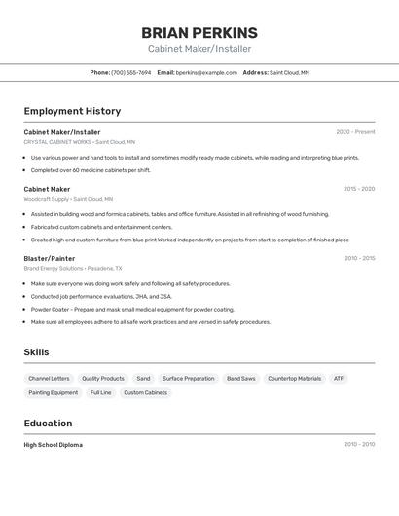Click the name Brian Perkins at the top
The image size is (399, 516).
click(199, 33)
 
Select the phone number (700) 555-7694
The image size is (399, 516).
click(131, 72)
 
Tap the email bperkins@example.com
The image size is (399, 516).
click(206, 72)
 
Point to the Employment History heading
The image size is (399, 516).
click(72, 112)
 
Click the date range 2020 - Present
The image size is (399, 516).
click(355, 132)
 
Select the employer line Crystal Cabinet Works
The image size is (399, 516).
click(80, 142)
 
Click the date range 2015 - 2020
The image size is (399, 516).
click(359, 189)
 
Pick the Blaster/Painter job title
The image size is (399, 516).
click(50, 259)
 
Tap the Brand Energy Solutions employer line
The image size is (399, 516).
click(73, 268)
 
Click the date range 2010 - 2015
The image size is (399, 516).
click(359, 259)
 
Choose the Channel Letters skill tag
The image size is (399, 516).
click(49, 379)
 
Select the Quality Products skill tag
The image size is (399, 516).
click(102, 379)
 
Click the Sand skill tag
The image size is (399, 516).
click(143, 379)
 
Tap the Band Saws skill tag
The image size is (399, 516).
click(240, 379)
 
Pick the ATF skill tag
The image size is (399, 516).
click(339, 379)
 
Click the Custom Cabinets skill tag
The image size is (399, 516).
click(145, 393)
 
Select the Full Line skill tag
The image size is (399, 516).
click(100, 393)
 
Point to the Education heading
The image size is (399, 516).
click(48, 424)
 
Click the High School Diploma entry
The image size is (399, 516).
click(54, 445)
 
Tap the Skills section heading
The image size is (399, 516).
click(36, 352)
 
